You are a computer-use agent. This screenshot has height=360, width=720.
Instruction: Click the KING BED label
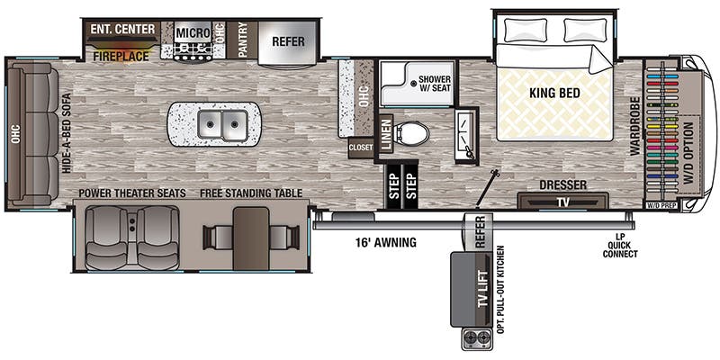(x=554, y=93)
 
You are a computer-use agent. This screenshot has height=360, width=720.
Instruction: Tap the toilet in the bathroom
(x=412, y=133)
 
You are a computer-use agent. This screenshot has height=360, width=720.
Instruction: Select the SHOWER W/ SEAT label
(x=435, y=83)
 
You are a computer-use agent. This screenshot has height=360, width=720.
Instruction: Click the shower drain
(x=414, y=83)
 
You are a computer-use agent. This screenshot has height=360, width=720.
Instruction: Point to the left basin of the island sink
(x=211, y=124)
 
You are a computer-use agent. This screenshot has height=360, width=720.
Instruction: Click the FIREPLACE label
(x=121, y=57)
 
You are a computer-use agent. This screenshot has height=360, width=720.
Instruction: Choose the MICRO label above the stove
(x=193, y=32)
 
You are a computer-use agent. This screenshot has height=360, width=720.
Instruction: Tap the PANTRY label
(x=242, y=40)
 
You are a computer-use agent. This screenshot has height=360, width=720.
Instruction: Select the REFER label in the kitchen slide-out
(x=288, y=41)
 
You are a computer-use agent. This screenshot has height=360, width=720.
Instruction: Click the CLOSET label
(x=362, y=148)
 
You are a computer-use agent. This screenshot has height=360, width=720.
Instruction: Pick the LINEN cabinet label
(x=386, y=135)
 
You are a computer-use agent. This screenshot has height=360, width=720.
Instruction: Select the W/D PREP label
(x=661, y=206)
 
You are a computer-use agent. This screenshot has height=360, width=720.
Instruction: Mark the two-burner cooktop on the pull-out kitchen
(x=475, y=339)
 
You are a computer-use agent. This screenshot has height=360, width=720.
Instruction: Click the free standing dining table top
(x=251, y=238)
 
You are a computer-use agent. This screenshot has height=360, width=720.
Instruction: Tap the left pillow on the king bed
(x=526, y=30)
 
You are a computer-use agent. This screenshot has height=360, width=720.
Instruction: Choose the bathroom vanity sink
(x=466, y=135)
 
